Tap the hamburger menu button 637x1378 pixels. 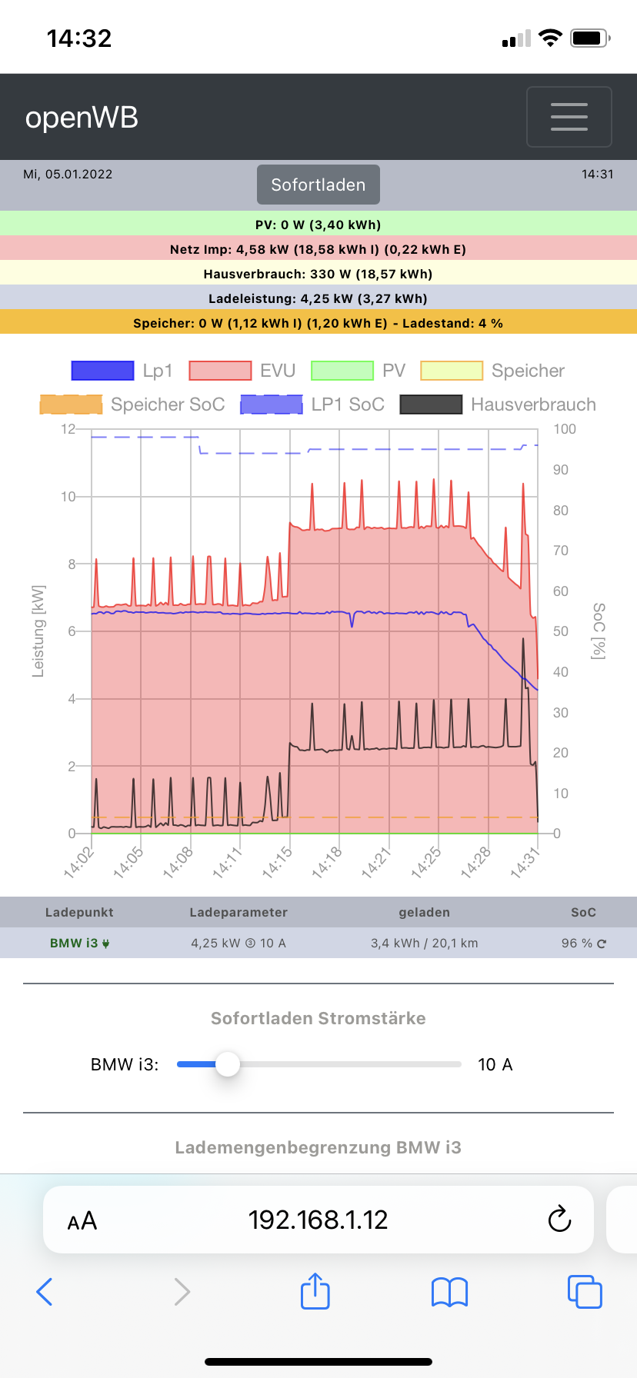(569, 117)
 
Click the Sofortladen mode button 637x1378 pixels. (318, 185)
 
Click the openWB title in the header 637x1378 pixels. (82, 118)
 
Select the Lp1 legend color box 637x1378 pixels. (102, 371)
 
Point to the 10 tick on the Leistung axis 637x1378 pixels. (68, 497)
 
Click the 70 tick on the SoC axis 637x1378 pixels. (561, 551)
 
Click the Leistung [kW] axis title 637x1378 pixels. (38, 631)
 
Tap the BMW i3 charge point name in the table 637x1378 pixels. (75, 943)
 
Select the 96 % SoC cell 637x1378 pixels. (576, 943)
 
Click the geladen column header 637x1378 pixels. (424, 912)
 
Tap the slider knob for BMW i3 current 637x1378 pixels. (227, 1064)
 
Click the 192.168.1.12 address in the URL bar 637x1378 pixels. (318, 1220)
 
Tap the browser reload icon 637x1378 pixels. (559, 1220)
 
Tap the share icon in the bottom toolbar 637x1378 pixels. (315, 1291)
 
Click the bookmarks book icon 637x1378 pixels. (449, 1292)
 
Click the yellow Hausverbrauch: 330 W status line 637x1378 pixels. (318, 274)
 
